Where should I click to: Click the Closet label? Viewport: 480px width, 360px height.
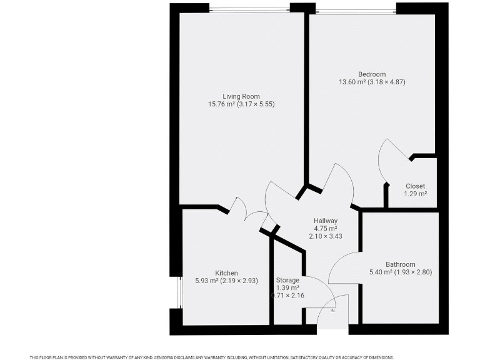[415, 186]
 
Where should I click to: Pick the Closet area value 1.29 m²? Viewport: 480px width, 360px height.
[415, 194]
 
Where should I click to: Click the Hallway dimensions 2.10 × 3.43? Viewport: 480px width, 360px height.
[325, 236]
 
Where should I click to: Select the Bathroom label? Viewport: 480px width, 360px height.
[400, 264]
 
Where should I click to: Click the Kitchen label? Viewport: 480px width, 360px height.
[226, 273]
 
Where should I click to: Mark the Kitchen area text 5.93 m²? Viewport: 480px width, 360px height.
[209, 281]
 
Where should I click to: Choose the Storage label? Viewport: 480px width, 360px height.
[287, 280]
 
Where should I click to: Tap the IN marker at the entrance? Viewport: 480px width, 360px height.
[332, 311]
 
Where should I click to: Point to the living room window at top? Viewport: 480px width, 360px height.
[249, 9]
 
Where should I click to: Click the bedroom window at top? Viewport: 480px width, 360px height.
[356, 10]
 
